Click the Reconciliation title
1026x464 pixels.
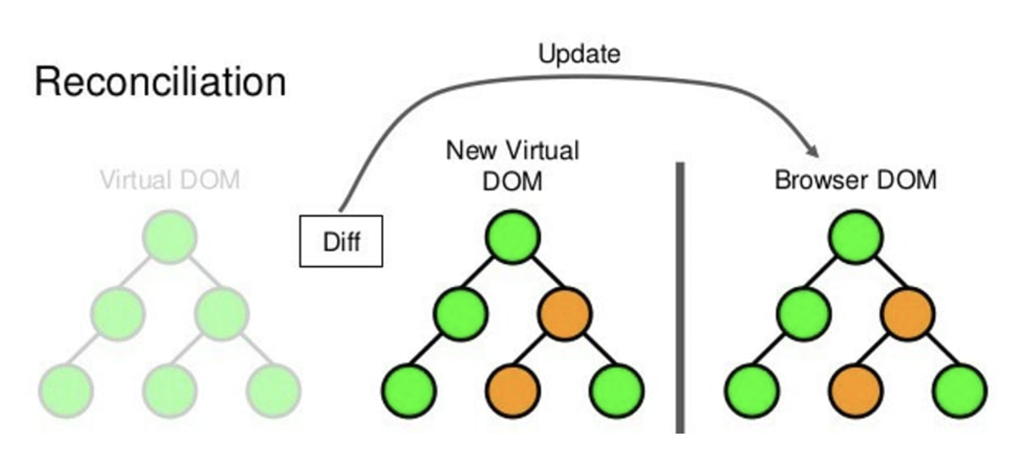pyautogui.click(x=160, y=82)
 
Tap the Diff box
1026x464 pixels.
pyautogui.click(x=341, y=241)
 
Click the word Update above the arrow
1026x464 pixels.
pyautogui.click(x=579, y=54)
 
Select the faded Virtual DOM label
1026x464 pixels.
pyautogui.click(x=170, y=180)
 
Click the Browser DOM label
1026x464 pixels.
pyautogui.click(x=855, y=180)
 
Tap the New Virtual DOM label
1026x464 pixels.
pyautogui.click(x=512, y=165)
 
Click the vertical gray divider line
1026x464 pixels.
pyautogui.click(x=680, y=297)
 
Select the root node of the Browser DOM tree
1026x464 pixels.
pyautogui.click(x=856, y=237)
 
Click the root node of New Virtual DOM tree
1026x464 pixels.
pyautogui.click(x=513, y=237)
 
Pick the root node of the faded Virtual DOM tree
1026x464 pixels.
pyautogui.click(x=169, y=237)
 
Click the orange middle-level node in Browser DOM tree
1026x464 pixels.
pyautogui.click(x=908, y=314)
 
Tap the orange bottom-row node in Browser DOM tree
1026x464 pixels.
pyautogui.click(x=856, y=391)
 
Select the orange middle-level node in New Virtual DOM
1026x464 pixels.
pyautogui.click(x=565, y=314)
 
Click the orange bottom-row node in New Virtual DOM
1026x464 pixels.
pyautogui.click(x=513, y=391)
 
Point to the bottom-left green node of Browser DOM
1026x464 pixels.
pyautogui.click(x=752, y=391)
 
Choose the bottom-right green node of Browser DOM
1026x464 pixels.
pyautogui.click(x=959, y=391)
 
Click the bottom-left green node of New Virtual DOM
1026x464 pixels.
pyautogui.click(x=409, y=391)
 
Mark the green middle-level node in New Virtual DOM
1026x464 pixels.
pyautogui.click(x=461, y=314)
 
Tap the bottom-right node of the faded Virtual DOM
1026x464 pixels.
pyautogui.click(x=274, y=391)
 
